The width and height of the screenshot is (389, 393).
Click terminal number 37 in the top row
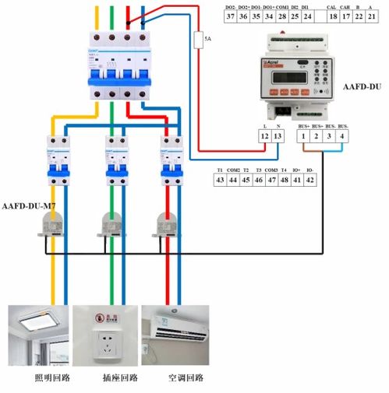click(230, 16)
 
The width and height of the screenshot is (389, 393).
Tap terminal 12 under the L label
click(264, 136)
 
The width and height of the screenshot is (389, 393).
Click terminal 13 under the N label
click(278, 136)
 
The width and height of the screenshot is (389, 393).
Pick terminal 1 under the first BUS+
click(302, 136)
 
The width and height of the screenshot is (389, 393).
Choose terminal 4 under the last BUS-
click(344, 136)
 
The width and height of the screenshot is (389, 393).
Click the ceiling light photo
click(37, 335)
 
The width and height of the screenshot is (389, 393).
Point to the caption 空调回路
click(185, 378)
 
